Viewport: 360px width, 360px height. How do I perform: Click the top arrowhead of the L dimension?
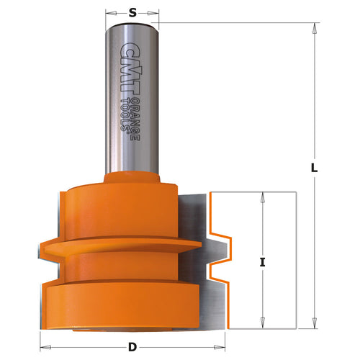(x=314, y=29)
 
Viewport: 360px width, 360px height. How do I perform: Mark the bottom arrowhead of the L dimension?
(x=314, y=322)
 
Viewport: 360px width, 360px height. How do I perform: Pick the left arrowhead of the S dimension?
(x=109, y=14)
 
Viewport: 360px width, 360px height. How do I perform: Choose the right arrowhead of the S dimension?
(x=154, y=14)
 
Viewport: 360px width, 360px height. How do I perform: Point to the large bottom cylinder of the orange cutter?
(x=108, y=302)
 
